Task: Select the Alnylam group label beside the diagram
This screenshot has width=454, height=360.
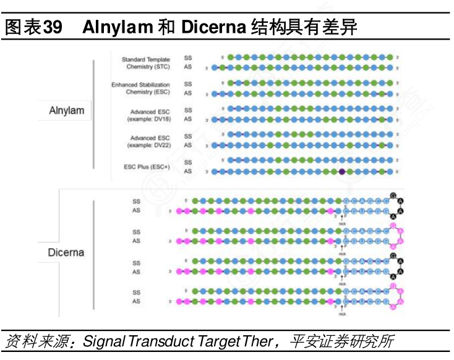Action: coord(66,111)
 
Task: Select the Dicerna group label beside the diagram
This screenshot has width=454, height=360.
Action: coord(66,252)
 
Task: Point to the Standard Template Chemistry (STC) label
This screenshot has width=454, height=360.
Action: coord(145,63)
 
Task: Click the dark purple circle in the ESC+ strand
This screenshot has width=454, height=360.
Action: coord(341,171)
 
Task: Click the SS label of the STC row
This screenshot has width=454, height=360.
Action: coord(188,58)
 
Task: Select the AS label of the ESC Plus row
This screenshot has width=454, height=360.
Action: coord(188,171)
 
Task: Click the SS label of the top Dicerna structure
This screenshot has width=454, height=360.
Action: coord(136,201)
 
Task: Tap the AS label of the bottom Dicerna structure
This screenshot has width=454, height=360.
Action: coord(136,301)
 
